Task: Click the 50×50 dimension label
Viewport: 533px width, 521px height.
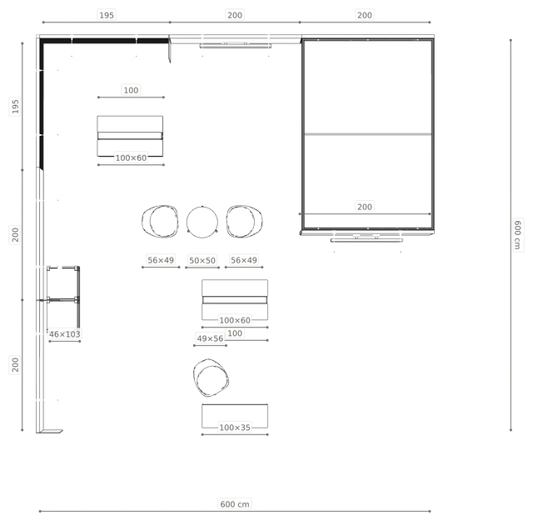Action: coord(202,260)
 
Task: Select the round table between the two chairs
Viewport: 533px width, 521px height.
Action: coord(202,222)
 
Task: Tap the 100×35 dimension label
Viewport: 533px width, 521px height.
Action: coord(235,428)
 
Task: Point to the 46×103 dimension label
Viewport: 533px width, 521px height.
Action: coord(65,334)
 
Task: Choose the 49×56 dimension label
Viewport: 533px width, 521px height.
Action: coord(210,338)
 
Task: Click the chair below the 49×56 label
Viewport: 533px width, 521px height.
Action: coord(211,378)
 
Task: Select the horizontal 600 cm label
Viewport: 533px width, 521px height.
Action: coord(235,504)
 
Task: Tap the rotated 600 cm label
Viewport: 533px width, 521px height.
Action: coord(518,235)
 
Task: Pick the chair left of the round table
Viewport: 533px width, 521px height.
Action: coord(160,221)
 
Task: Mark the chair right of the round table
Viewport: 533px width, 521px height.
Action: coord(244,221)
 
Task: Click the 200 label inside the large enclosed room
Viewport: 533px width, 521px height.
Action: coord(365,207)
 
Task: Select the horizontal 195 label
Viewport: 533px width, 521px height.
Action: coord(107,15)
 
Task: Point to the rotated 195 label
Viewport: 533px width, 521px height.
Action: coord(15,106)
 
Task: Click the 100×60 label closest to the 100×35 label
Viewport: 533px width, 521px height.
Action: coord(235,320)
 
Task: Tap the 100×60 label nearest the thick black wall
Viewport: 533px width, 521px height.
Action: coord(131,158)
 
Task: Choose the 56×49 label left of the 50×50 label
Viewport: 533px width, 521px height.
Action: coord(161,260)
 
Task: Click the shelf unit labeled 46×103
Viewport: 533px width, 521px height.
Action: coord(63,298)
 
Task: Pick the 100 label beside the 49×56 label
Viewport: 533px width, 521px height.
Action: coord(235,333)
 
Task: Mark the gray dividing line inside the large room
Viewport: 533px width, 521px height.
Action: coord(368,134)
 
